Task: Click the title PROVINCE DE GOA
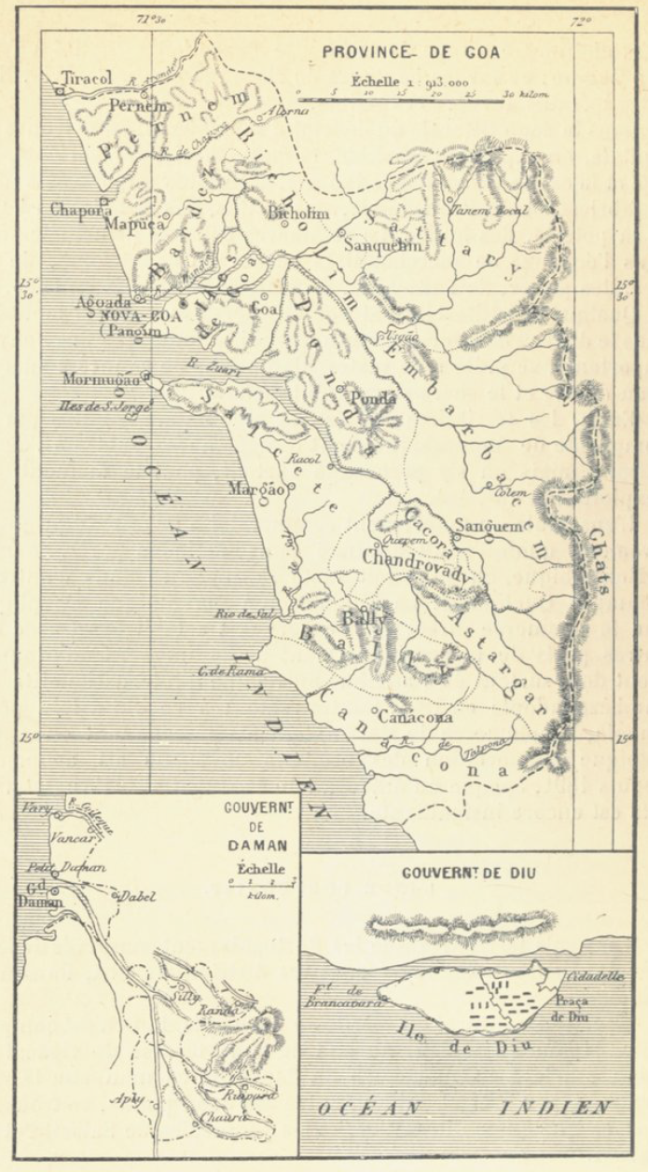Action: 411,53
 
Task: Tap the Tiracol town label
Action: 86,79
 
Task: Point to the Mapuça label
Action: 134,224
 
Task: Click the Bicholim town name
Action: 298,214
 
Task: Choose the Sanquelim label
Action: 376,246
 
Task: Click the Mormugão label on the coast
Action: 101,379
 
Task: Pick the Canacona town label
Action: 416,717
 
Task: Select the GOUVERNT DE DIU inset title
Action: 461,875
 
